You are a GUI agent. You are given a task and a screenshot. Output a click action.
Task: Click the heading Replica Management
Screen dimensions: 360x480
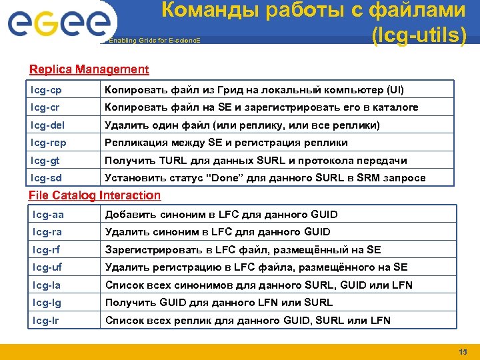pyautogui.click(x=89, y=69)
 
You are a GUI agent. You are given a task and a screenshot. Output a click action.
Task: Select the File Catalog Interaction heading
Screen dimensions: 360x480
pyautogui.click(x=95, y=195)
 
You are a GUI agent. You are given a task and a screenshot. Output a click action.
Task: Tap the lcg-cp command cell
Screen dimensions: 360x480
pyautogui.click(x=46, y=89)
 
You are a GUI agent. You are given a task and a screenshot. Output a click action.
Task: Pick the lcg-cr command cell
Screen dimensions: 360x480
pyautogui.click(x=45, y=107)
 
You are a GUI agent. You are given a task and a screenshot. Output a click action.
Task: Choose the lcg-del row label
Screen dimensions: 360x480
pyautogui.click(x=47, y=125)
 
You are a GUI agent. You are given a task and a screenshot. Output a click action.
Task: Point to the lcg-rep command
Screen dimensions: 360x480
pyautogui.click(x=48, y=143)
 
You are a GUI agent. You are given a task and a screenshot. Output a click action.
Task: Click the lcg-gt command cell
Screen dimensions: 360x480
pyautogui.click(x=45, y=161)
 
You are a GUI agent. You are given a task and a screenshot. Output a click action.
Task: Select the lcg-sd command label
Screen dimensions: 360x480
pyautogui.click(x=46, y=178)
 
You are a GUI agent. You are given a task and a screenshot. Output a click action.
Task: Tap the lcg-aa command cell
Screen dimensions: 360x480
pyautogui.click(x=48, y=215)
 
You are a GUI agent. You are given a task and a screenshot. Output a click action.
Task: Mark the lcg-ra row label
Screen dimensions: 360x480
pyautogui.click(x=47, y=232)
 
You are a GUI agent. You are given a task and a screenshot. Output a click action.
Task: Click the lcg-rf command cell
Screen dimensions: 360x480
pyautogui.click(x=46, y=250)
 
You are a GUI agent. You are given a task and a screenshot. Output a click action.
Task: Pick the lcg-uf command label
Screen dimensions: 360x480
pyautogui.click(x=47, y=267)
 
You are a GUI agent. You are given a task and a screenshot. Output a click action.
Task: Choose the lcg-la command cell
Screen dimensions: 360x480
pyautogui.click(x=47, y=285)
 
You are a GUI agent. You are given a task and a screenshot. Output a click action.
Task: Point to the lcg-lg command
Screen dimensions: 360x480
pyautogui.click(x=47, y=303)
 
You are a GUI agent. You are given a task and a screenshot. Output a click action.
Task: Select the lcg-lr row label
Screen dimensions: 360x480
pyautogui.click(x=46, y=321)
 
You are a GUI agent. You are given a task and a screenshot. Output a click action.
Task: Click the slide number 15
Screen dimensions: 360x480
pyautogui.click(x=463, y=352)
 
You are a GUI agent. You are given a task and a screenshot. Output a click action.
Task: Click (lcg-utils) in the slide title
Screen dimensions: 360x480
pyautogui.click(x=419, y=35)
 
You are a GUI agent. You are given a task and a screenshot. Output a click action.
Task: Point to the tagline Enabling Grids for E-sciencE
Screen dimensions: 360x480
pyautogui.click(x=153, y=41)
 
